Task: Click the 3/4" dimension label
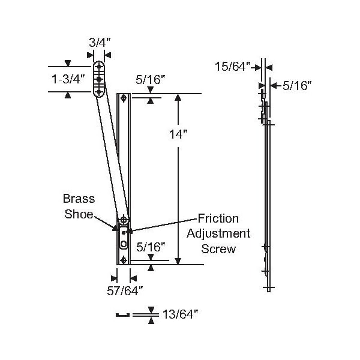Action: (99, 43)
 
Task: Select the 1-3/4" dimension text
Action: (68, 79)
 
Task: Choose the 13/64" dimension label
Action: (180, 313)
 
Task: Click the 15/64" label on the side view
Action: (232, 67)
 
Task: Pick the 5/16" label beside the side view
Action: (295, 86)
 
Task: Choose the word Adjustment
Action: (218, 233)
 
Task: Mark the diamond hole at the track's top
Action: (124, 98)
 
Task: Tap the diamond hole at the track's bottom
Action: (124, 260)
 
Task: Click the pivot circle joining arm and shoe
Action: (124, 220)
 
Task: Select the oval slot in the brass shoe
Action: (124, 243)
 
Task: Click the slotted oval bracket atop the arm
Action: (100, 79)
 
